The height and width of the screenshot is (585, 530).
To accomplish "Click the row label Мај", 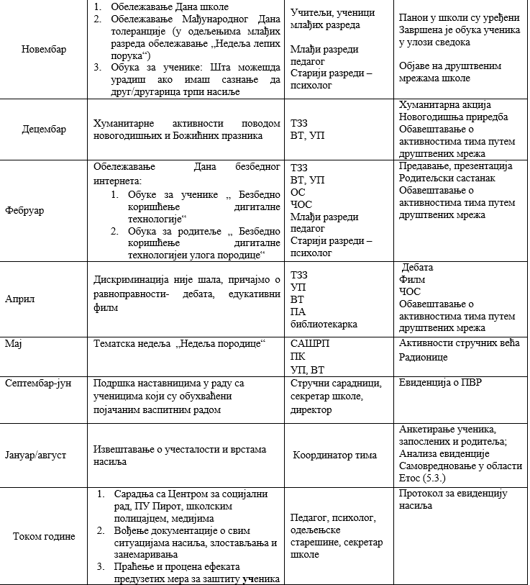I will pos(14,344).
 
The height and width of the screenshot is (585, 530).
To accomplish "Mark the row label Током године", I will pos(43,536).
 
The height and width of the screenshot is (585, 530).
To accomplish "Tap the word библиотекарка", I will pos(324,324).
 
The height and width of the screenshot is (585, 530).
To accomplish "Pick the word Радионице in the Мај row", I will pos(424,356).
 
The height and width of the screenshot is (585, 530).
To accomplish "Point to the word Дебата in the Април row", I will pos(418,267).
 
